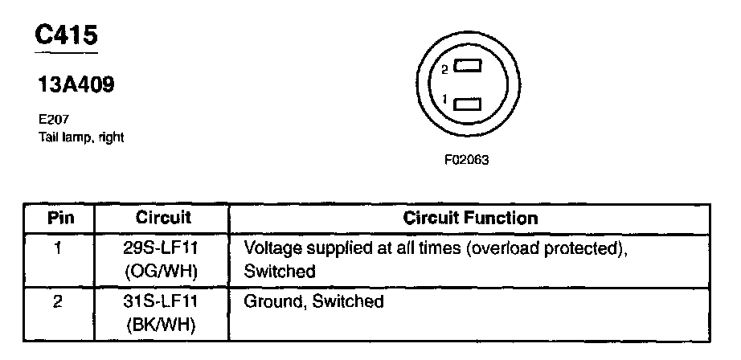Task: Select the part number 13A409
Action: click(x=76, y=84)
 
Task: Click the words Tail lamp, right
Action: click(x=80, y=136)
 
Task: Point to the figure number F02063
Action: click(x=466, y=160)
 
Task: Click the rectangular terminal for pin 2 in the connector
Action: click(x=467, y=68)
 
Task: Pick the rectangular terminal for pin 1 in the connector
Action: click(x=467, y=102)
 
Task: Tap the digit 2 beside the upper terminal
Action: click(x=444, y=70)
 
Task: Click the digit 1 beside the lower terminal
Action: click(x=444, y=100)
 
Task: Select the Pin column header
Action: click(x=59, y=218)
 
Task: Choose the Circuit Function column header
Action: click(x=470, y=218)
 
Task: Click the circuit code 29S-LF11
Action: click(x=162, y=247)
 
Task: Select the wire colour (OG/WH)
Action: click(x=162, y=272)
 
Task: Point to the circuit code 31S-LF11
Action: click(x=162, y=302)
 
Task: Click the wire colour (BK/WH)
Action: click(x=162, y=326)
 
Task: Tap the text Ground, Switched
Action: click(x=313, y=302)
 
